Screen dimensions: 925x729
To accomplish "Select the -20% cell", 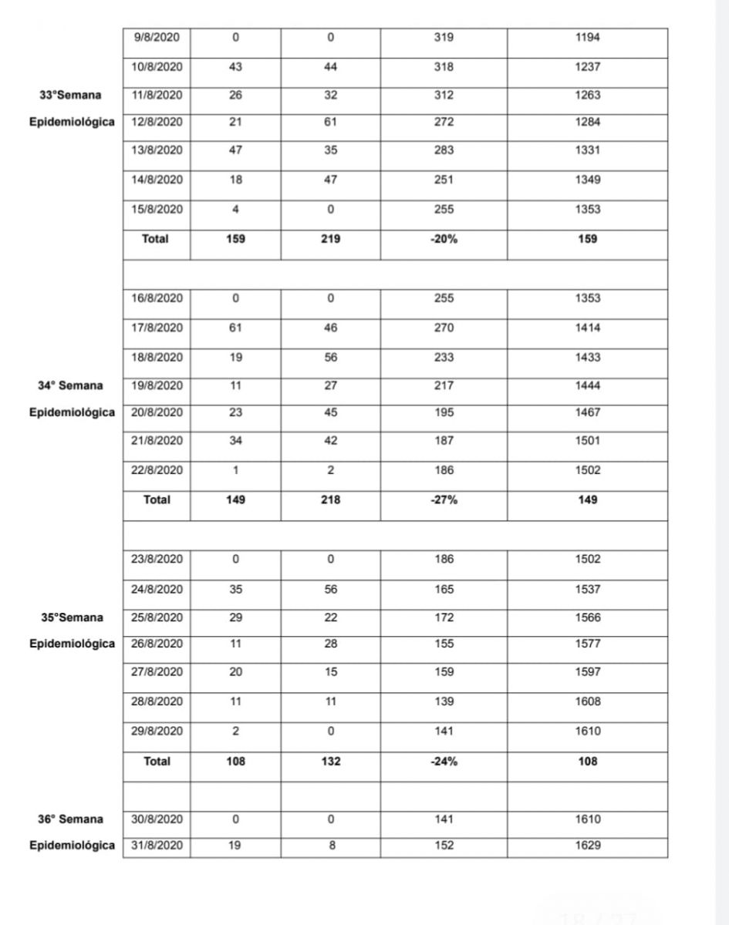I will pos(444,239).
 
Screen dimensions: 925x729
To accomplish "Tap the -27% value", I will pos(444,499).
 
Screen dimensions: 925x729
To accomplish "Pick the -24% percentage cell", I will pos(444,761).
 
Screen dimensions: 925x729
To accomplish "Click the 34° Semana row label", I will pos(72,385).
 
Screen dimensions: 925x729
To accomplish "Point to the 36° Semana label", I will pos(72,819).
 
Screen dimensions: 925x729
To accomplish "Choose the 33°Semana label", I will pos(72,95).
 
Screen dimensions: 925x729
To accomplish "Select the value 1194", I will pos(587,38).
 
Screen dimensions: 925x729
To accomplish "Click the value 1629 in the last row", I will pos(587,846).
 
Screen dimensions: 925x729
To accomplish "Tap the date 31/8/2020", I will pos(157,846).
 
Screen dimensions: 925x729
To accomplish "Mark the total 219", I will pos(330,239).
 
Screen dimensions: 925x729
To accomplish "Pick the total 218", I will pos(330,499).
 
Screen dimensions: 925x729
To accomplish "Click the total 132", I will pos(330,761).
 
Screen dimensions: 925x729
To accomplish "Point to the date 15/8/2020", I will pos(157,210).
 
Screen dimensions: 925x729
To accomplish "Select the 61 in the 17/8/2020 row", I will pos(236,328).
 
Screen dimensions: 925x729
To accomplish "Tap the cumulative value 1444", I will pos(587,385).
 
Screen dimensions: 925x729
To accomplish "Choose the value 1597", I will pos(587,671).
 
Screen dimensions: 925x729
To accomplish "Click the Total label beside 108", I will pos(156,761).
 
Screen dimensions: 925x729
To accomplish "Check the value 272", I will pos(444,122).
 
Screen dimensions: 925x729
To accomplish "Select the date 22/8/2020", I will pos(157,470).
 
